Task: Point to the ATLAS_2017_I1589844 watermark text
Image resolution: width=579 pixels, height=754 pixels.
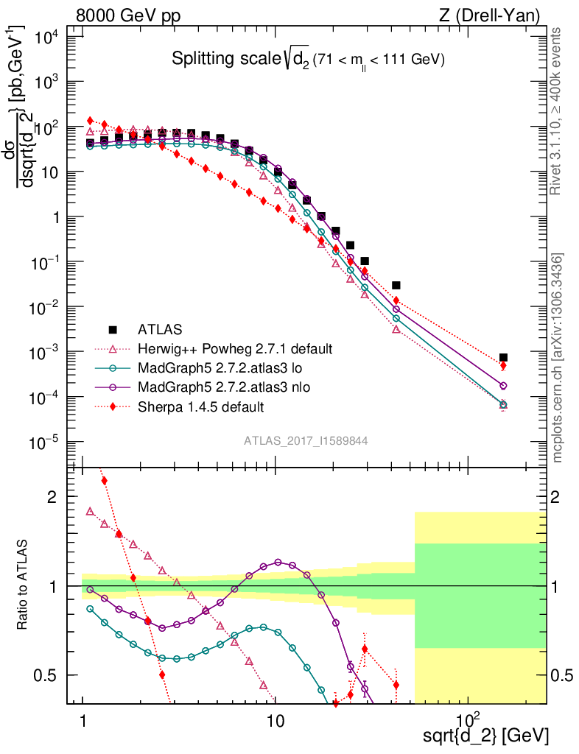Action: click(x=306, y=440)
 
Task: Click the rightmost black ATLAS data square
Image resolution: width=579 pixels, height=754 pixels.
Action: click(x=503, y=357)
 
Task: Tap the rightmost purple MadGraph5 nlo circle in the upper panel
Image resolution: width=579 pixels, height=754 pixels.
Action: click(x=503, y=386)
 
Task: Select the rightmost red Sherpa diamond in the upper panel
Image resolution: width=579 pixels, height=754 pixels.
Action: click(x=503, y=365)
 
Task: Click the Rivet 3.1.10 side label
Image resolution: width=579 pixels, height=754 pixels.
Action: click(x=557, y=111)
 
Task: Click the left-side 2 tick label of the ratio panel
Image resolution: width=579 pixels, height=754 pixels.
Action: click(x=52, y=497)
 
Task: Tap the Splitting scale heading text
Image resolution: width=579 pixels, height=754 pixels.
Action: click(x=309, y=59)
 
